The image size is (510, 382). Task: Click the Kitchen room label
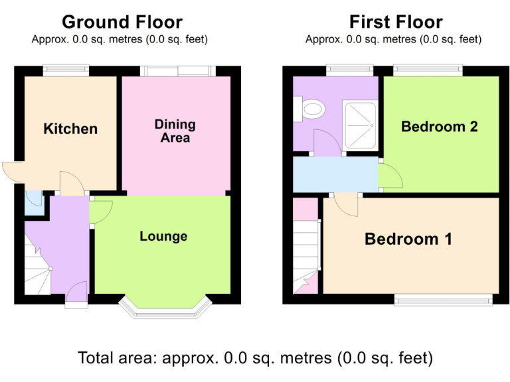click(x=70, y=129)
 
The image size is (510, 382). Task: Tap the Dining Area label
click(x=175, y=131)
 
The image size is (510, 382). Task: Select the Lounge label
click(x=163, y=236)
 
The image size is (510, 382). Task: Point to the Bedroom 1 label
click(x=408, y=239)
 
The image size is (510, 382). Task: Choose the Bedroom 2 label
click(x=440, y=126)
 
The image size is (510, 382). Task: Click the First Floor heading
click(x=396, y=22)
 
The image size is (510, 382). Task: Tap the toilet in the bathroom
click(x=309, y=108)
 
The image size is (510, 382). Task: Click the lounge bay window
click(x=164, y=310)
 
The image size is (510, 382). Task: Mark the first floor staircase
click(x=305, y=255)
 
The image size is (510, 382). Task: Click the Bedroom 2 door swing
click(x=390, y=176)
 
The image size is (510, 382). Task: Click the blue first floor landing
click(x=332, y=174)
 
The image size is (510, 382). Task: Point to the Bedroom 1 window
click(x=444, y=300)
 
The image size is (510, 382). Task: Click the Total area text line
click(x=255, y=358)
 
